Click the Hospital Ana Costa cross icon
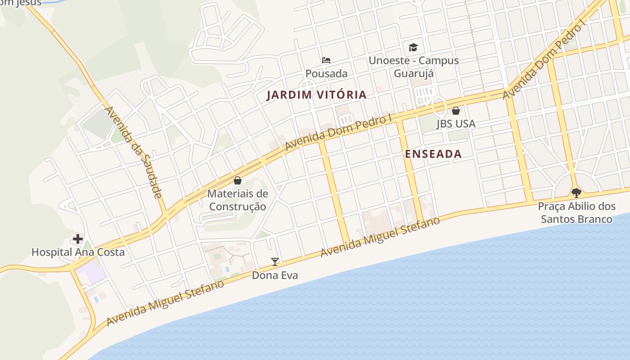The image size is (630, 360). click(78, 239)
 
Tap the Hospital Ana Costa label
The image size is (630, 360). click(78, 252)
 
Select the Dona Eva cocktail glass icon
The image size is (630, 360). click(275, 262)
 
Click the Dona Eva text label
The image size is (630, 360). click(275, 275)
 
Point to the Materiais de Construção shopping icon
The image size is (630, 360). click(238, 181)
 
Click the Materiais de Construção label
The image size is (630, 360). click(238, 200)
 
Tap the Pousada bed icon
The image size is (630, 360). click(326, 60)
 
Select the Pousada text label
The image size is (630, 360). click(326, 73)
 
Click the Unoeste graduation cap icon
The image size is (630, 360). click(413, 47)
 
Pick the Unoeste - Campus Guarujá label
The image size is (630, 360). click(414, 67)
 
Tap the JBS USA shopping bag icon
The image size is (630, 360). click(456, 111)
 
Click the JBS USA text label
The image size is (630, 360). click(456, 124)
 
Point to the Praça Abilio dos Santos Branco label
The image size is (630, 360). click(577, 213)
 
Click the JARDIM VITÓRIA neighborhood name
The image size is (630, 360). click(317, 95)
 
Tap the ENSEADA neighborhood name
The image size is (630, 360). click(433, 154)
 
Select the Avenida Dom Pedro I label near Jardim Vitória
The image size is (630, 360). click(339, 132)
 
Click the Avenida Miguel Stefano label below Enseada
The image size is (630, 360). click(380, 237)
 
